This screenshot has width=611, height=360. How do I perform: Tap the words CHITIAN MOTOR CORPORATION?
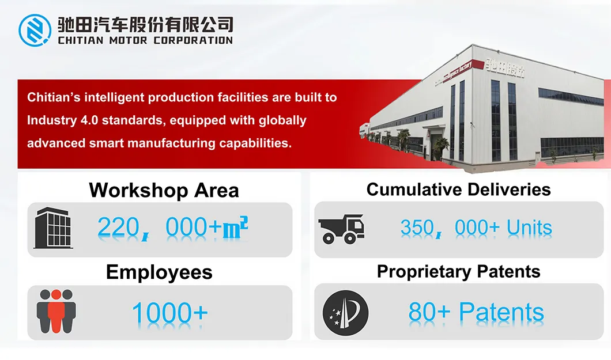coord(145,40)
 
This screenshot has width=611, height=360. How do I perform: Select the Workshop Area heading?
coord(164,190)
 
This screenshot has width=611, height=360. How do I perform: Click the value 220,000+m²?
coord(172,229)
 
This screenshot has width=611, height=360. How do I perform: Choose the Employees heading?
coord(159,272)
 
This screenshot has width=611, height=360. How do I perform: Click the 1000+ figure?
coord(169,313)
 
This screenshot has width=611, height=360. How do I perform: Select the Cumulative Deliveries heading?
coord(458,190)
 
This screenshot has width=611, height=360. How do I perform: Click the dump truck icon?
coord(341,229)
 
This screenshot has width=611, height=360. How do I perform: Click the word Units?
coord(529,229)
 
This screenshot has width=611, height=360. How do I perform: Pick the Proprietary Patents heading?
coord(458,271)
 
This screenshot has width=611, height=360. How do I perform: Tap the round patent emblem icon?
coord(345,313)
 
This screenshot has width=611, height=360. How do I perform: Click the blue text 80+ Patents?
coord(476,313)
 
